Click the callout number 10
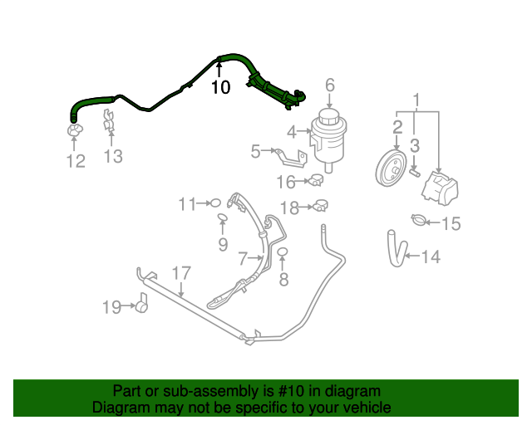pos(220,87)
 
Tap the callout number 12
pos(76,161)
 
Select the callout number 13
pos(112,156)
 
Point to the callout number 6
pos(329,85)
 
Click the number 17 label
pos(181,272)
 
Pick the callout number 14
pos(430,257)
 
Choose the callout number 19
pos(111,308)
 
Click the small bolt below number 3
pos(413,172)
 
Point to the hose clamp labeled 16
pos(314,182)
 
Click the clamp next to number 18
pos(318,205)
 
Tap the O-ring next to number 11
pos(214,202)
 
